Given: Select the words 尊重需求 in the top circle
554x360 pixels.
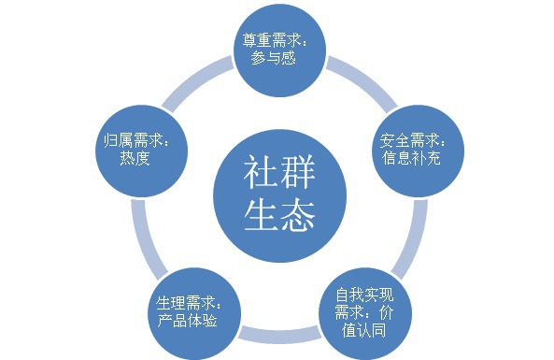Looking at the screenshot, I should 268,40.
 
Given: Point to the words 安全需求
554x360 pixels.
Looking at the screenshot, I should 405,141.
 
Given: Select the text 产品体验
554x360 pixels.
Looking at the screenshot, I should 185,320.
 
